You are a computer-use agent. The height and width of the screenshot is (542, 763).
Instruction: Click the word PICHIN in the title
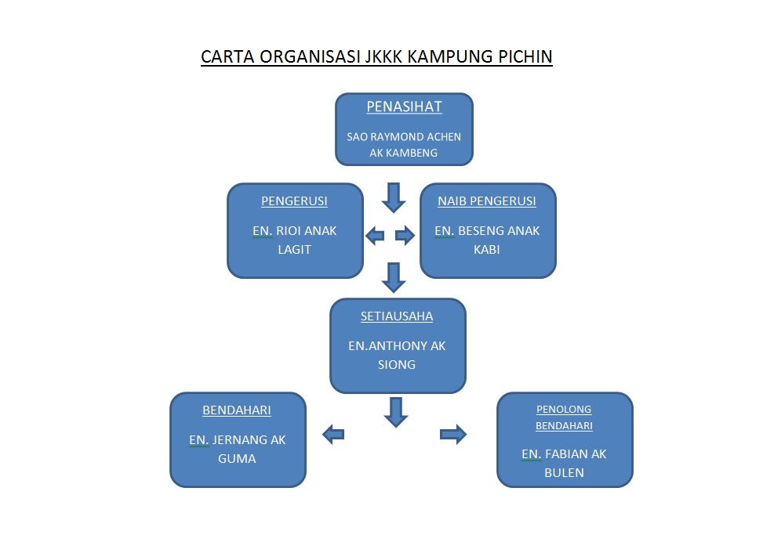[524, 57]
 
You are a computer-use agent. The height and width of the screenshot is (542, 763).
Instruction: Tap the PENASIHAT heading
[404, 107]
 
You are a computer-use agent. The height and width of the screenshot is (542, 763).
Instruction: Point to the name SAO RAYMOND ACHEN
[404, 136]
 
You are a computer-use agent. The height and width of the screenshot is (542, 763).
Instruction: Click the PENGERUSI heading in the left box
[294, 201]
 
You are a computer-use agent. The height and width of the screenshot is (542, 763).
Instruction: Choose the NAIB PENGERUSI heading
[487, 201]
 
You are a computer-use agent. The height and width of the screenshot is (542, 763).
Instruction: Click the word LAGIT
[294, 249]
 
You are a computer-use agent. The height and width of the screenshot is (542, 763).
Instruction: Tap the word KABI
[487, 250]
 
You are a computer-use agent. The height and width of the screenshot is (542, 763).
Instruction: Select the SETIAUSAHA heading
[397, 316]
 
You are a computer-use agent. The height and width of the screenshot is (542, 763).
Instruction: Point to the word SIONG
[397, 364]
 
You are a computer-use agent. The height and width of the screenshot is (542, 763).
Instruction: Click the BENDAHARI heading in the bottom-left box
[237, 410]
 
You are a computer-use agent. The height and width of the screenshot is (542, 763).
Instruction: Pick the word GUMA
[237, 458]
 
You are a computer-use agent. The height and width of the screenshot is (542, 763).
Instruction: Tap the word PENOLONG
[564, 410]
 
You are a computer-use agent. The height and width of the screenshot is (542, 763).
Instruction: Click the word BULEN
[564, 472]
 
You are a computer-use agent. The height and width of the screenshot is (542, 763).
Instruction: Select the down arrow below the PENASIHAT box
[394, 197]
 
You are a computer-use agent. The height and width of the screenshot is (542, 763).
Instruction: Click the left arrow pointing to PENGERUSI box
[375, 234]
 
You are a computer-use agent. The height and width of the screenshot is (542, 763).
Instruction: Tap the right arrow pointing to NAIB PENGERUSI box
[405, 234]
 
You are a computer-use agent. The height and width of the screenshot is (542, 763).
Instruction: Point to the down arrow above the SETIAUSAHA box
[394, 277]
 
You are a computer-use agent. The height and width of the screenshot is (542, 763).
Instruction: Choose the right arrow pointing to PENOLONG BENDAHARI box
[453, 434]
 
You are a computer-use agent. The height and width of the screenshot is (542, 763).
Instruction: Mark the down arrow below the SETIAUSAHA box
[395, 412]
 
